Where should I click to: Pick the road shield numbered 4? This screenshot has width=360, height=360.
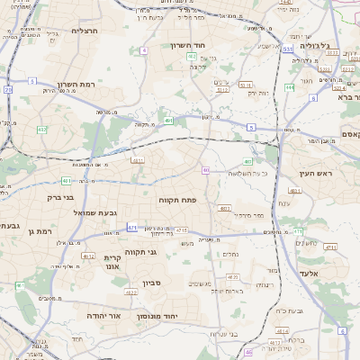pyautogui.click(x=144, y=50)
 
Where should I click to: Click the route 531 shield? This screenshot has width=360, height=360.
pyautogui.click(x=286, y=49)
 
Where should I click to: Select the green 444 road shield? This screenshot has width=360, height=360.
pyautogui.click(x=290, y=87)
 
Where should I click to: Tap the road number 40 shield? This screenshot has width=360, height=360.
pyautogui.click(x=206, y=169)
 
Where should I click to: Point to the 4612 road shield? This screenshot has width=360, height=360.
pyautogui.click(x=87, y=256)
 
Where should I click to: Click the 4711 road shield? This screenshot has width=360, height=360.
pyautogui.click(x=330, y=247)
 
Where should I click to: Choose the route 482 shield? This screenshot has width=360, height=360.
pyautogui.click(x=41, y=130)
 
